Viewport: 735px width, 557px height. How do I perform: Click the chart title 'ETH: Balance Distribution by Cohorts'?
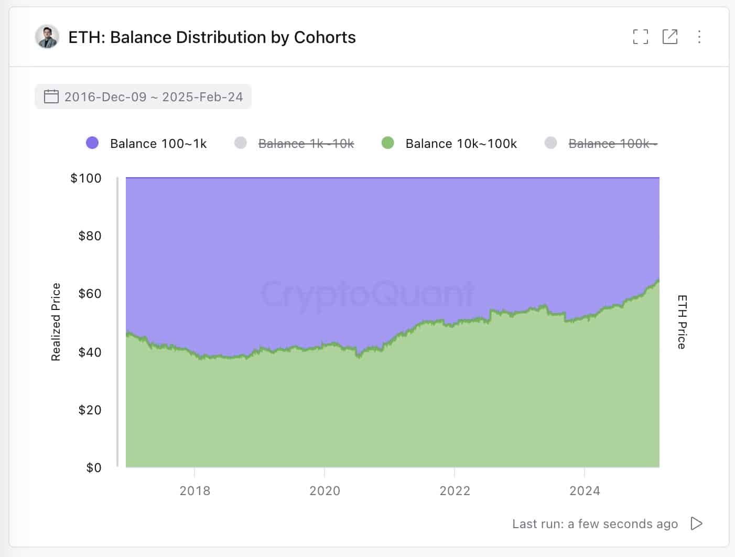coord(212,37)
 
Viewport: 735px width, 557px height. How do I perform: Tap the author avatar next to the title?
coord(47,37)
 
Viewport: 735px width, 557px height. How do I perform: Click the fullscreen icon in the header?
coord(640,37)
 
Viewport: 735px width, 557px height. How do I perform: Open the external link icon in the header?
coord(670,37)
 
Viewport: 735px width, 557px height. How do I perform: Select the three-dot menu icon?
coord(699,37)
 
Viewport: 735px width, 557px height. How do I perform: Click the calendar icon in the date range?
coord(51,97)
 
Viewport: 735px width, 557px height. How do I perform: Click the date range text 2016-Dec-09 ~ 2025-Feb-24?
coord(154,97)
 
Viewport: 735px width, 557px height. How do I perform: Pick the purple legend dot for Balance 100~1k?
coord(92,143)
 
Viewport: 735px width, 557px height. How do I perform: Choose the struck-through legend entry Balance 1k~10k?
coord(306,144)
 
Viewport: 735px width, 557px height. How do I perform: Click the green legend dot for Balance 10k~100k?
coord(388,143)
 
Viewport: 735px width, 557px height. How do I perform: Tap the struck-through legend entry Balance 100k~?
coord(612,144)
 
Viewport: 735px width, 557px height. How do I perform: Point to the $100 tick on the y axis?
coord(86,178)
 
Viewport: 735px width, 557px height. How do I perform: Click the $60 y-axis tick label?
coord(90,294)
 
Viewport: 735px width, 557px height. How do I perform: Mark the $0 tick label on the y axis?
coord(94,467)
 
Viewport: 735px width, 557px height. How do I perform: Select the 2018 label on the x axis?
coord(194,491)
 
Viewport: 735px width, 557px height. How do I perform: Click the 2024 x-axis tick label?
coord(585,491)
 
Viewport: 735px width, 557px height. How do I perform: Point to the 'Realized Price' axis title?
coord(56,322)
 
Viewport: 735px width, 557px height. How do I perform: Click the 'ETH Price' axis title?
coord(682,322)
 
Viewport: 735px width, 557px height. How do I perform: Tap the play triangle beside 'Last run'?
coord(696,523)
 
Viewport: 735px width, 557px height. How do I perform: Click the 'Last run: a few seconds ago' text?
coord(595,524)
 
